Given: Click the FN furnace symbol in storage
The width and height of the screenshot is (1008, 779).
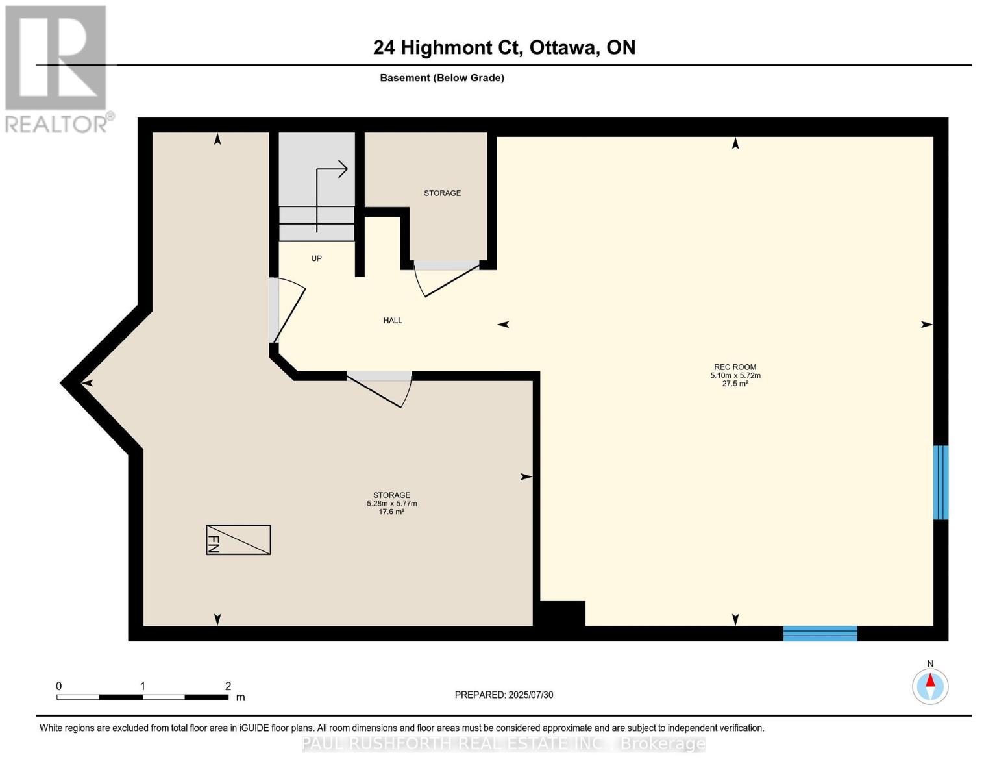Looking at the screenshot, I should click(238, 539).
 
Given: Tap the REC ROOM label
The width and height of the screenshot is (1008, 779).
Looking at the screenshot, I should click(735, 367).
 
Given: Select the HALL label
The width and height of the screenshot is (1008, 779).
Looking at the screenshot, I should click(393, 320).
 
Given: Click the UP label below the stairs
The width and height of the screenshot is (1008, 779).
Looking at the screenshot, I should click(316, 258).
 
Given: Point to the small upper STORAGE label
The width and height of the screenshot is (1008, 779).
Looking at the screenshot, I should click(442, 193).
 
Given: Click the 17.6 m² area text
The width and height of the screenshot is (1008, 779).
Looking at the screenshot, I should click(391, 512).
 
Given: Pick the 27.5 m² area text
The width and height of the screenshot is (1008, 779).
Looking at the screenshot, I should click(735, 384).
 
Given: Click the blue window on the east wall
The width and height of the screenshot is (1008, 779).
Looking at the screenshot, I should click(940, 482).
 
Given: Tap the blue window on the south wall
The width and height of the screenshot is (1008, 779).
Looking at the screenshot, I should click(820, 633).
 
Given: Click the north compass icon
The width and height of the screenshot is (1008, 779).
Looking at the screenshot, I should click(930, 686).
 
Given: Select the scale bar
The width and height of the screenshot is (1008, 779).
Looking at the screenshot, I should click(142, 697).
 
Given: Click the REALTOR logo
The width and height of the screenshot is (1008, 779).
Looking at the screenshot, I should click(57, 68).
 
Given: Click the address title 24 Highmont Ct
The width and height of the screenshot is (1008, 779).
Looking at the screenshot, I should click(504, 47).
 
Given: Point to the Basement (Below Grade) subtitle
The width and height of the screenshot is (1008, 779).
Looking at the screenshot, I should click(441, 78).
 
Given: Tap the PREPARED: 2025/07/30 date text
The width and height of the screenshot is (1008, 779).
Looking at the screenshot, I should click(504, 695).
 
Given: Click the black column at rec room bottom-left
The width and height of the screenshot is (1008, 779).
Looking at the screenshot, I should click(562, 613).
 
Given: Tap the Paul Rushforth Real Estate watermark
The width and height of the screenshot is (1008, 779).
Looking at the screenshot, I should click(504, 744).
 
